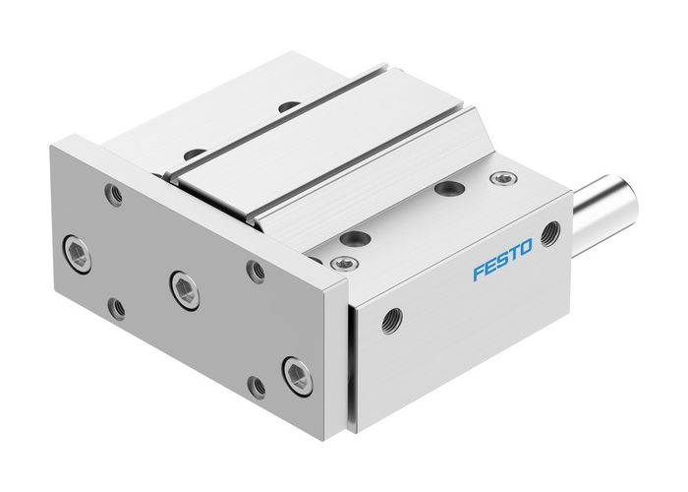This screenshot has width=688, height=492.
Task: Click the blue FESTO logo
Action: click(501, 259)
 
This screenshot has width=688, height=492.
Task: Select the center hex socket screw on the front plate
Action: click(182, 285)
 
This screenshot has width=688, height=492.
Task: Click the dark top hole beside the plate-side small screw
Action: click(355, 239)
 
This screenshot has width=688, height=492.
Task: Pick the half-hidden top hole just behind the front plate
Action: click(194, 154)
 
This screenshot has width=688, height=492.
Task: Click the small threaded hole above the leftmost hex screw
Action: click(115, 194)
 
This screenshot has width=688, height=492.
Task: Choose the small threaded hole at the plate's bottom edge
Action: click(257, 387)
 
